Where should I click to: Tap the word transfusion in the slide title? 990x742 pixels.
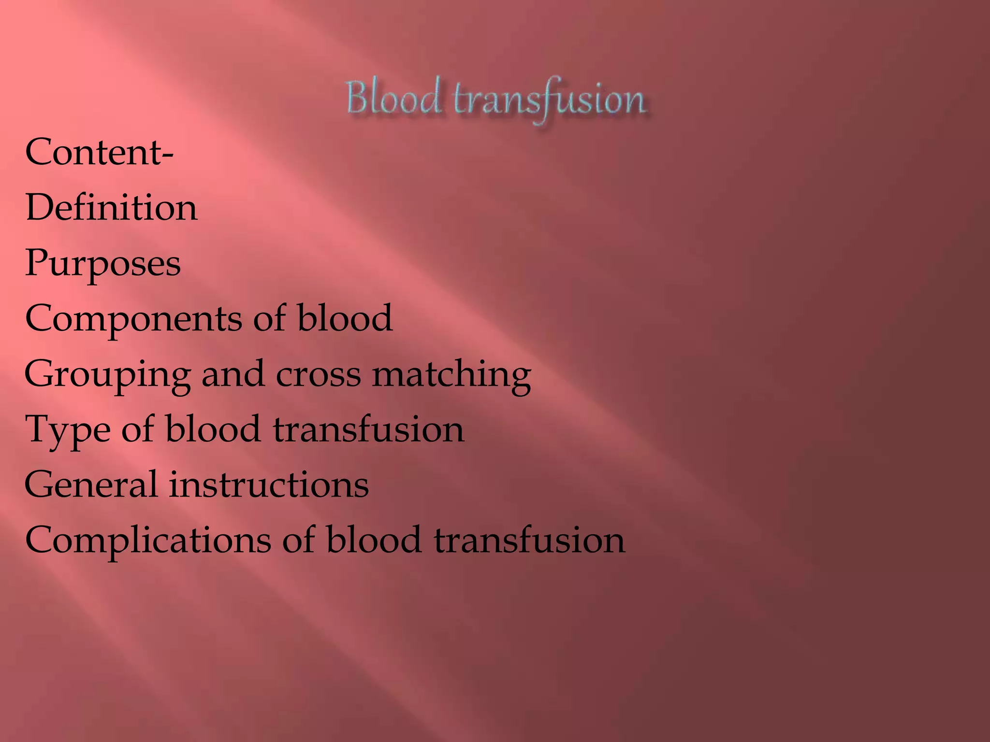tap(549, 100)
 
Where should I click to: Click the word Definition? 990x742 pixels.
tap(111, 207)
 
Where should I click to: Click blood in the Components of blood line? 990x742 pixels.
tap(344, 318)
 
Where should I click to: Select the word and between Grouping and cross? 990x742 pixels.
tap(233, 374)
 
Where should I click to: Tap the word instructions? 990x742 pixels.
tap(269, 485)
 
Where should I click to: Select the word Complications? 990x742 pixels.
tap(148, 541)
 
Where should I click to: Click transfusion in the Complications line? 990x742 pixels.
tap(529, 540)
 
